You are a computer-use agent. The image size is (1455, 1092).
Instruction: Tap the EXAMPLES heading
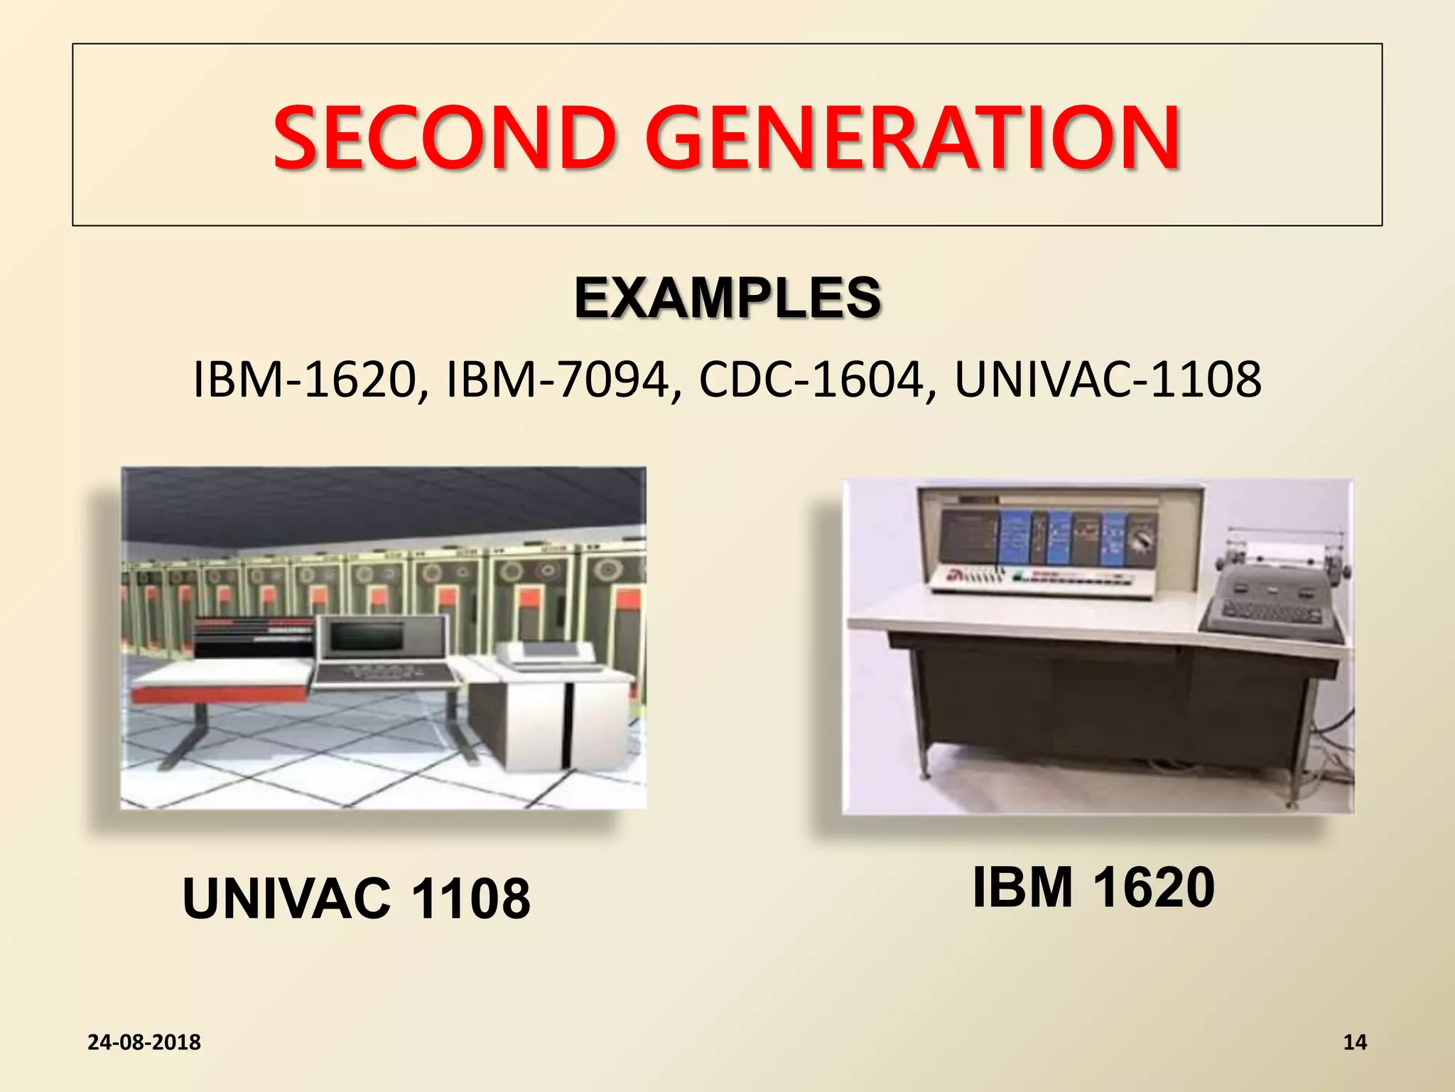click(727, 298)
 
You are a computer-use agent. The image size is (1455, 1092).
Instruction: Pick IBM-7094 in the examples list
click(558, 380)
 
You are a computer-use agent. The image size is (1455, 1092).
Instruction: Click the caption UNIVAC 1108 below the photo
click(356, 899)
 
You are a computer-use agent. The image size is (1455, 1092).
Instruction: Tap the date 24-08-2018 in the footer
click(144, 1042)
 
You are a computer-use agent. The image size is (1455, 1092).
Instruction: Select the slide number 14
click(1355, 1042)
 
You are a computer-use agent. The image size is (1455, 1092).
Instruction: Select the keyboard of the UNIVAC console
click(384, 673)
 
